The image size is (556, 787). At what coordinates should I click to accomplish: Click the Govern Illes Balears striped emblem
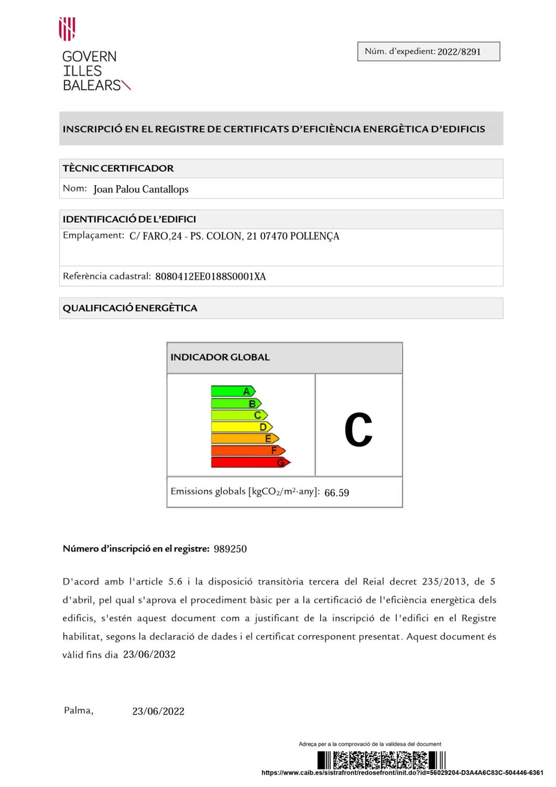click(x=67, y=29)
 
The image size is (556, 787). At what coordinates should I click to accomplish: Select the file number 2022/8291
click(x=459, y=52)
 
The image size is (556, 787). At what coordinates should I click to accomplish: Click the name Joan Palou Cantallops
click(x=141, y=189)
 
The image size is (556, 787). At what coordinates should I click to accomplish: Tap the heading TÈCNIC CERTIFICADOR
click(x=118, y=168)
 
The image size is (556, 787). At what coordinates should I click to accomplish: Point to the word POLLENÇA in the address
click(x=314, y=236)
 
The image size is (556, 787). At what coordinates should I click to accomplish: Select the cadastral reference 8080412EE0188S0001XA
click(x=210, y=276)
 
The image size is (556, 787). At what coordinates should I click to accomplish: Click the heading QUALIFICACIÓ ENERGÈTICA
click(x=130, y=308)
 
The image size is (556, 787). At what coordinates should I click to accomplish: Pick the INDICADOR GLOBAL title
click(x=220, y=357)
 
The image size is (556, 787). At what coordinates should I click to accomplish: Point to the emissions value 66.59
click(x=336, y=493)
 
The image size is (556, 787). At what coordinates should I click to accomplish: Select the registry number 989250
click(x=230, y=549)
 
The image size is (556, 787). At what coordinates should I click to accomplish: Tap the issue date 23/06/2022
click(x=158, y=711)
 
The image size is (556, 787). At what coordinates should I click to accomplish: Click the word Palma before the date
click(x=78, y=710)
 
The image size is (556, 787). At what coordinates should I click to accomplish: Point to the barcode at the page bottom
click(x=381, y=760)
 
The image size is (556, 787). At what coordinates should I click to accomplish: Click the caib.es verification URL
click(x=402, y=773)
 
